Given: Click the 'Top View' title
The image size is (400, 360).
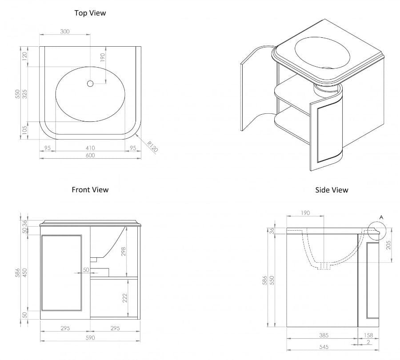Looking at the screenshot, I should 90,13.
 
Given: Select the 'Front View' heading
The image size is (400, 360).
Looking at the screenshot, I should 90,190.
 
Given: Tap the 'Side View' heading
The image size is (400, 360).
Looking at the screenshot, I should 332,190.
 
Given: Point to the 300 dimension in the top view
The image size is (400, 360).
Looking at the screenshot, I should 65,32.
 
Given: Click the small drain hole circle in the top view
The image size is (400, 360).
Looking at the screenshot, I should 90,83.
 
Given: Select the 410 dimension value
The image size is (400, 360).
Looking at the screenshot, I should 90,148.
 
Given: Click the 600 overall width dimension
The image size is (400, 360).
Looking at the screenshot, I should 90,156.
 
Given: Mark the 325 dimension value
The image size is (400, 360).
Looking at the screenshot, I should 25,94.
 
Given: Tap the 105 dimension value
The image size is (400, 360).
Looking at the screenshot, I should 25,130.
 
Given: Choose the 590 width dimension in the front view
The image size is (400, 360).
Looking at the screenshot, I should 90,337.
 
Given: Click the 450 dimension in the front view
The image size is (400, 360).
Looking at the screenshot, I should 25,272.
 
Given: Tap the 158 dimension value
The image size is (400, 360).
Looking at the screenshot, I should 369,336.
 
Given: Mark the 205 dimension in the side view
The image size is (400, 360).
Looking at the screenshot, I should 389,245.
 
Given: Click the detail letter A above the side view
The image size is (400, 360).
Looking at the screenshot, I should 380,217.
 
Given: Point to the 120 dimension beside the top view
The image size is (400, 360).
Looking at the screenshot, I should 25,56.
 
